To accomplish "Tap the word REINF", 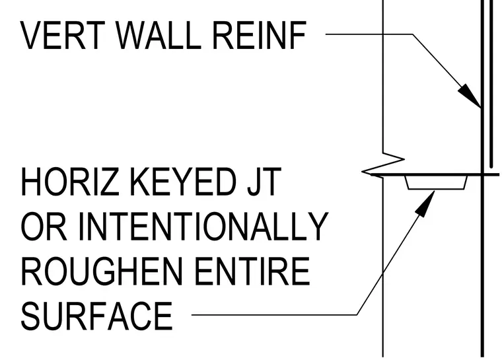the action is (259, 36).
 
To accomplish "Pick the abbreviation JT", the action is (264, 182).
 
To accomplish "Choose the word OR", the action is (44, 226).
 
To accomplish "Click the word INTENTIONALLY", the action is (203, 226).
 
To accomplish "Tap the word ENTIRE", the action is (252, 271).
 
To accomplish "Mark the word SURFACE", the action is (97, 316).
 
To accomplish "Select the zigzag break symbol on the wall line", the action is (383, 164).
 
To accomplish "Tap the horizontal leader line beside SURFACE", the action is (274, 315).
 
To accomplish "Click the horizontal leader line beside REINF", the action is (369, 34).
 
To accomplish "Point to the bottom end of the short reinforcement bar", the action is (491, 167).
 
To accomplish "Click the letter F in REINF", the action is (298, 36).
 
